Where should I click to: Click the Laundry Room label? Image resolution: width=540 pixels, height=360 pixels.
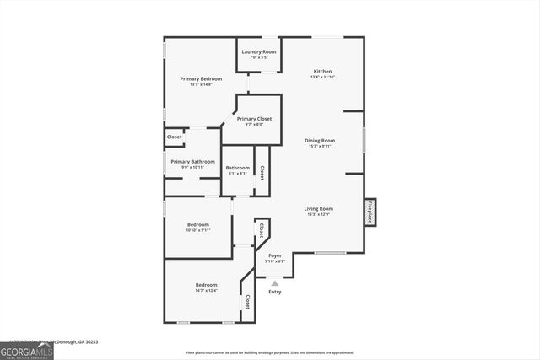pos(259,52)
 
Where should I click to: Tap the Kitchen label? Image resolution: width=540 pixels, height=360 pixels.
pos(322,71)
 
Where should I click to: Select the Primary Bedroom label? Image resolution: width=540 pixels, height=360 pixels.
pos(201,79)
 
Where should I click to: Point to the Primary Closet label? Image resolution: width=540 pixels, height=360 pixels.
pos(254,119)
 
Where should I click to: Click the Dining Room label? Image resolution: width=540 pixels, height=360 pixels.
pos(320,141)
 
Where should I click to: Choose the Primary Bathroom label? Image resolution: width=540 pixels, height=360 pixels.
pos(192,162)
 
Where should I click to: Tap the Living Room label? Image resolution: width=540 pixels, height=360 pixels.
pos(319,209)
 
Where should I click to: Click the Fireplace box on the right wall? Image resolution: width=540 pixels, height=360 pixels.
pos(370,212)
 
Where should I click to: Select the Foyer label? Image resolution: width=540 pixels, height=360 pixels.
pos(275,255)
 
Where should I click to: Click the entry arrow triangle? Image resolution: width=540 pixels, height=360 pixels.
pos(275,283)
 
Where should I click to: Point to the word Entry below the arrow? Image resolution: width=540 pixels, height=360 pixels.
pos(275,292)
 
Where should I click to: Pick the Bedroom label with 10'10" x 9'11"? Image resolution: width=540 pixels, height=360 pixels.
pos(198,225)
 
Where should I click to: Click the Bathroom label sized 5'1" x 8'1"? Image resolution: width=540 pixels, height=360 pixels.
pos(237,169)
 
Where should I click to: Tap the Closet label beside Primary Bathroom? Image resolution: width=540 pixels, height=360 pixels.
pos(175,137)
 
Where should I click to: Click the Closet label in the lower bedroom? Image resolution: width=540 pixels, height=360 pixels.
pos(247,302)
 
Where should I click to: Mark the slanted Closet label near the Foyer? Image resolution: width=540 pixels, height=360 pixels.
pos(262,228)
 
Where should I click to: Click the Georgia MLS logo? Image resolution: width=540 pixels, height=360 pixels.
pos(26,352)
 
